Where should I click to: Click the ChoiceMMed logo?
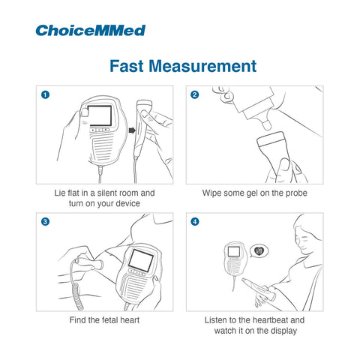(x=91, y=31)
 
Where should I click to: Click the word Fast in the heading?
(x=127, y=66)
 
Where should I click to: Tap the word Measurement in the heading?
(x=202, y=66)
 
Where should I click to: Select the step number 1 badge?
(x=45, y=94)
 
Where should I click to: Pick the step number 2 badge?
(x=195, y=94)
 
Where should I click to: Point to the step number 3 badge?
(x=45, y=222)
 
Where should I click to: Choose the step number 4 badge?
(x=195, y=222)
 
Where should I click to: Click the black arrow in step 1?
(x=132, y=130)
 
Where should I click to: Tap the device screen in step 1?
(x=100, y=115)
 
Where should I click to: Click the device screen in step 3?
(x=141, y=260)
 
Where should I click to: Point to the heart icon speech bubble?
(x=259, y=250)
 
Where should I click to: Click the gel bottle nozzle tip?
(x=267, y=125)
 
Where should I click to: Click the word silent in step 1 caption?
(x=107, y=193)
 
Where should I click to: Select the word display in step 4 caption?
(x=284, y=331)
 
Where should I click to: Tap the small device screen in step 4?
(x=234, y=251)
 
